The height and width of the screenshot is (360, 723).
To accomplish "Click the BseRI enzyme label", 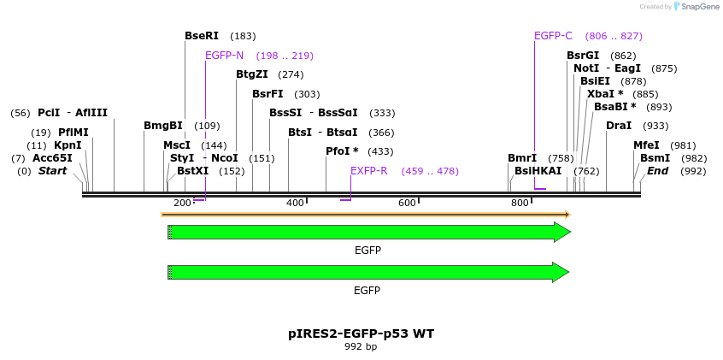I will (202, 36).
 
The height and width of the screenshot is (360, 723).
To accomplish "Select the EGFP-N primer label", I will (224, 56).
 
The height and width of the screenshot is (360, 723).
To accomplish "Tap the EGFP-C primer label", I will (553, 36).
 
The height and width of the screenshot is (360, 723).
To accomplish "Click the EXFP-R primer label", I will (368, 171).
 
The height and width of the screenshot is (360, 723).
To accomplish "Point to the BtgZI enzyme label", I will (252, 74).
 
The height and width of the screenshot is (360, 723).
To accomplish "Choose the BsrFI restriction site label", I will (267, 94).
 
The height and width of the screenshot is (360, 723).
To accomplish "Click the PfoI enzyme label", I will (342, 151).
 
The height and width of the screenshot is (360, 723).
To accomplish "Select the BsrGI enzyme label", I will (583, 56).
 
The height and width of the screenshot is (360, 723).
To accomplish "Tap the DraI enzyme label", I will (619, 126).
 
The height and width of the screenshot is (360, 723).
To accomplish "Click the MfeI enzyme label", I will (646, 145).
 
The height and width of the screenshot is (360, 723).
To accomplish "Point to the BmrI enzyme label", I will (522, 158).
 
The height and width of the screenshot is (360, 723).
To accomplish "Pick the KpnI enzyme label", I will (68, 145).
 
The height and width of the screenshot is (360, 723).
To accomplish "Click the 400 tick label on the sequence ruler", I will (295, 203).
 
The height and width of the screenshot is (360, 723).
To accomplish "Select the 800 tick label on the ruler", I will (520, 203).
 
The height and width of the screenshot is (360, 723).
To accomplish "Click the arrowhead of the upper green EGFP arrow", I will (561, 232).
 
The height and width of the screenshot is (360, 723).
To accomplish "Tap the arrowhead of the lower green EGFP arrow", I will (561, 272).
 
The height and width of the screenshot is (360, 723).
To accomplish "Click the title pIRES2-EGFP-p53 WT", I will (361, 333).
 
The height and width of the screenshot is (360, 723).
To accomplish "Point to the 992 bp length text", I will (361, 347).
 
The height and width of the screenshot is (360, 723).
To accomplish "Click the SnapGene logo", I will (696, 7).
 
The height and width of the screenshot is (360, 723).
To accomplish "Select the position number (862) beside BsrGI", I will (623, 56).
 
